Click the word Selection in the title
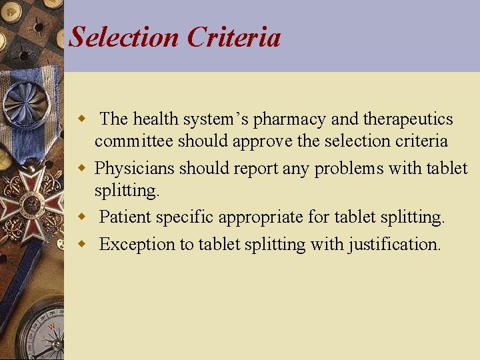tap(125, 37)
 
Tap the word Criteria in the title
tap(234, 37)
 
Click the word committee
tap(134, 141)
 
